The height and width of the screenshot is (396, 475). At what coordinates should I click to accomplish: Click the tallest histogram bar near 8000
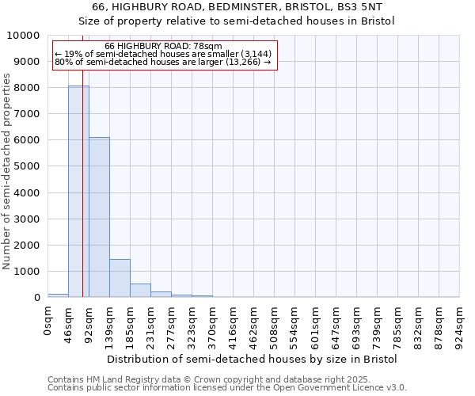(78, 191)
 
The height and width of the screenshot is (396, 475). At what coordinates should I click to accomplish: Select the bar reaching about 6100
(99, 217)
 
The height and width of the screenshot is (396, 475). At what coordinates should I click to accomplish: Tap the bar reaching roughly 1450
(120, 278)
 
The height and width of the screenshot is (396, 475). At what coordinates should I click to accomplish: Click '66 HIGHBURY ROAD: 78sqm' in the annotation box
(164, 47)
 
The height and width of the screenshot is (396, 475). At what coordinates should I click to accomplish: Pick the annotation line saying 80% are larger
(163, 62)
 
